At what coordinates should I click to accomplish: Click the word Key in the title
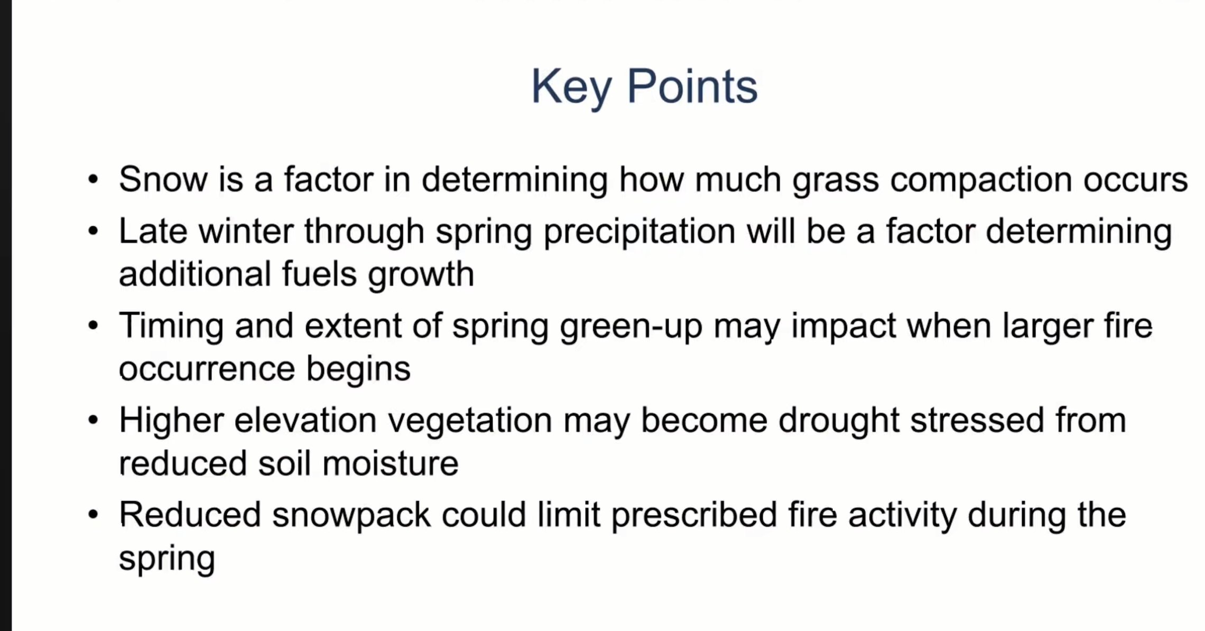(x=571, y=87)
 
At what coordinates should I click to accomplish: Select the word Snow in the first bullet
(x=163, y=179)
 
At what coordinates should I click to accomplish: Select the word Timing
(x=171, y=327)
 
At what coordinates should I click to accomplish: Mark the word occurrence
(x=207, y=369)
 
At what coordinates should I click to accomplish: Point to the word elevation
(x=305, y=421)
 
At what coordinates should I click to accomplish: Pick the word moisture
(x=390, y=463)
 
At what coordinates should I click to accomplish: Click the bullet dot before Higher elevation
(x=94, y=421)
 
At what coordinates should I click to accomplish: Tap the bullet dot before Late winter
(x=94, y=232)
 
